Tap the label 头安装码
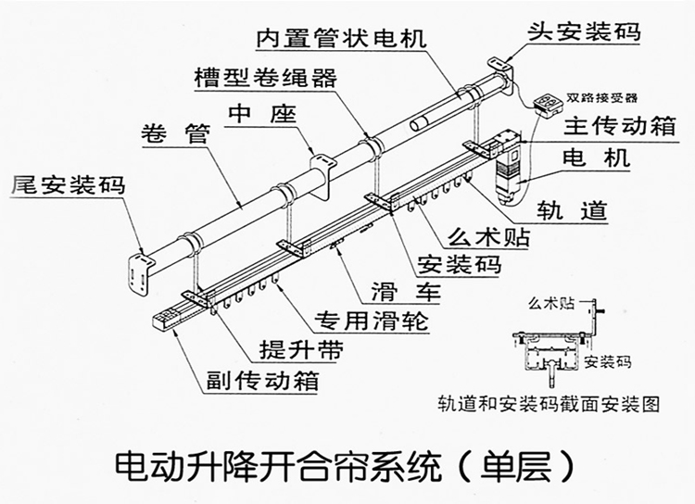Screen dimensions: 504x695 [584, 31]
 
